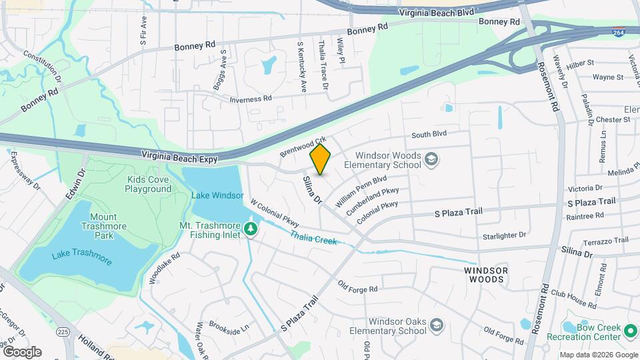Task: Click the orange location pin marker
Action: pos(321,159)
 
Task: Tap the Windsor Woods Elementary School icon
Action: pos(431,159)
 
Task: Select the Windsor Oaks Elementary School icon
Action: pos(437,325)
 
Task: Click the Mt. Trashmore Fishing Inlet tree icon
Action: pos(251,229)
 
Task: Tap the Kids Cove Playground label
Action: pos(148,184)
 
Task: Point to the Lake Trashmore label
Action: pos(82,254)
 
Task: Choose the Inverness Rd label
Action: pos(251,98)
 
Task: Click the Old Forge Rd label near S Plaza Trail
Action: pos(357,287)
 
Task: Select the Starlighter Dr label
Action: pos(503,235)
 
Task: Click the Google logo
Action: pos(22,351)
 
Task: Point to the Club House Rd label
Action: pos(573,299)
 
